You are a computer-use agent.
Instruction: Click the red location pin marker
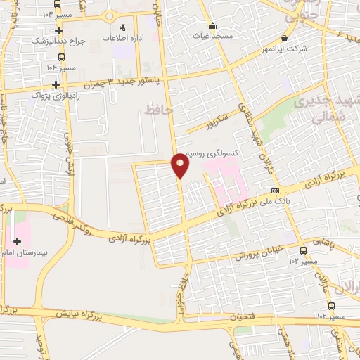(181, 165)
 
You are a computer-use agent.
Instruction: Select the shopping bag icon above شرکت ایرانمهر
(283, 38)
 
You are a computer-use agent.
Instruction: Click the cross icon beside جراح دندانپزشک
(58, 30)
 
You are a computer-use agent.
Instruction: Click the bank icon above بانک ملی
(276, 190)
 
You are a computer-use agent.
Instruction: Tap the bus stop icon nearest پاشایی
(303, 251)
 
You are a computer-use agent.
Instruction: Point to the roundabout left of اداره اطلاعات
(109, 15)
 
